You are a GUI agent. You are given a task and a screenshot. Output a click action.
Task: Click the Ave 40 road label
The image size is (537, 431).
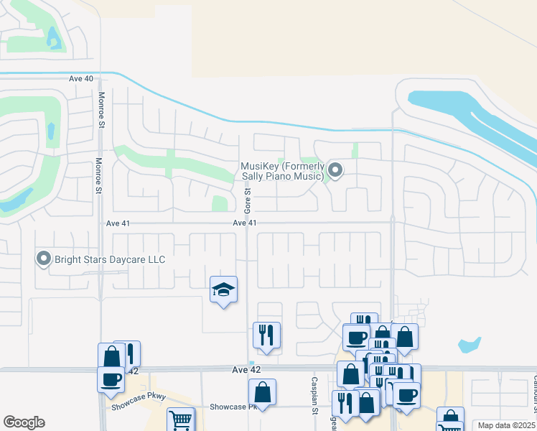(x=81, y=78)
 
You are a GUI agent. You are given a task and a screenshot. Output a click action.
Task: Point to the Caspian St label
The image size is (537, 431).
(x=314, y=395)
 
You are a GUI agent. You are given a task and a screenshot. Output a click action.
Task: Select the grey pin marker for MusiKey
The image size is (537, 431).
(x=335, y=170)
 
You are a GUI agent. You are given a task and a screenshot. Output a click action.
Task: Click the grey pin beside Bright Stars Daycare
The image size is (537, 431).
(x=44, y=259)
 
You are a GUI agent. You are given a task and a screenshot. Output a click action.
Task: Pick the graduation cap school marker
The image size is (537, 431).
(x=223, y=290)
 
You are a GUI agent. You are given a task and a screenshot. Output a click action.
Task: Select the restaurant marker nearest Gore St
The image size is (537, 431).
(x=266, y=335)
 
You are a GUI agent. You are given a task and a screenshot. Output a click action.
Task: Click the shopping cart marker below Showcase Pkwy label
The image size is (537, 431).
(x=180, y=420)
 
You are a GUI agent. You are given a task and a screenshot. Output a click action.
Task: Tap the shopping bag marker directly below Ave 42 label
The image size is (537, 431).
(x=262, y=392)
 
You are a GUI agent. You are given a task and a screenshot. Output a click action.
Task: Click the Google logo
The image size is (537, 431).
(x=24, y=422)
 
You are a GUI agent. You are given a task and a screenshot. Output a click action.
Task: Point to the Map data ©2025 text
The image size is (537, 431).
(x=506, y=425)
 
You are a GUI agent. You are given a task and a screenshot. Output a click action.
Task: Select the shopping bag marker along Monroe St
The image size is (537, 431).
(x=112, y=356)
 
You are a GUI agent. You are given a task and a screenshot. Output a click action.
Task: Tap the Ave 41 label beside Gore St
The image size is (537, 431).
(x=245, y=223)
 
